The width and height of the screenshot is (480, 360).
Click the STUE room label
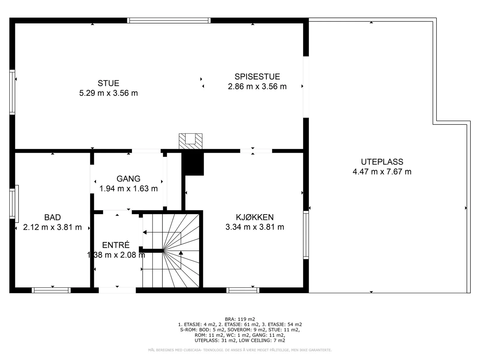109,83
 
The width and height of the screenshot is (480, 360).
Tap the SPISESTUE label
257,77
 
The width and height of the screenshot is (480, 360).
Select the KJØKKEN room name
255,217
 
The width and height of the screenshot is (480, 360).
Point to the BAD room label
52,217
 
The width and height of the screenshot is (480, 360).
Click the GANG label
128,179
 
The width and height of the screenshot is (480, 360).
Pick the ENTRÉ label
116,245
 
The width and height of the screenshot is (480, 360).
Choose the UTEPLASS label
382,162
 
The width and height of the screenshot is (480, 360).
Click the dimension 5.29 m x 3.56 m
109,93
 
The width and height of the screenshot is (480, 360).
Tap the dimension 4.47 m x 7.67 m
382,172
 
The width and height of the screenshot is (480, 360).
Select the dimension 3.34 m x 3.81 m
255,227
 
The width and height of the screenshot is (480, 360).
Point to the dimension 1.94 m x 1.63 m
128,189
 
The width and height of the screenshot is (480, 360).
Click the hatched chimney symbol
190,141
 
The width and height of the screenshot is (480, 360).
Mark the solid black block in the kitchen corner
193,164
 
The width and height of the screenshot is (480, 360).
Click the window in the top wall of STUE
169,20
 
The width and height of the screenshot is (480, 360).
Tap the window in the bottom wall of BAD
51,290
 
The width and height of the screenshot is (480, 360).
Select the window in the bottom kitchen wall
243,290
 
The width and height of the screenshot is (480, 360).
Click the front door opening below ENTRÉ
117,290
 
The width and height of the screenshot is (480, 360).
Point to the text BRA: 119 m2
240,319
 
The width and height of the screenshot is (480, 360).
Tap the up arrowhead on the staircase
181,253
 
